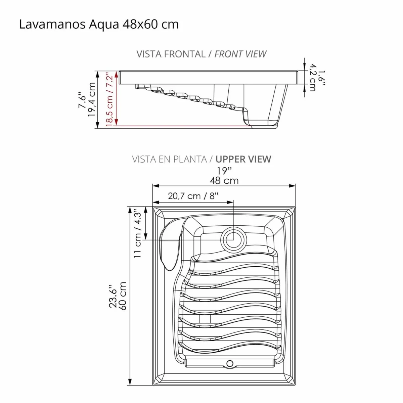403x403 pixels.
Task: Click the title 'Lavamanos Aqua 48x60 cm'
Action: click(99, 25)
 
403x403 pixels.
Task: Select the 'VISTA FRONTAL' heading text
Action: click(171, 54)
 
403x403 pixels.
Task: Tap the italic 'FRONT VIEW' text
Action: click(240, 54)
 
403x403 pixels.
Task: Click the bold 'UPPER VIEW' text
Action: click(243, 159)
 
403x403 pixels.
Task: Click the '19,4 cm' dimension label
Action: click(92, 100)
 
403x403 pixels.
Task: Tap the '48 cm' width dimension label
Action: click(224, 181)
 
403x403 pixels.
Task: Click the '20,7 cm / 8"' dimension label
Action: click(193, 196)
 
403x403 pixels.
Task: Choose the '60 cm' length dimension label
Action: click(123, 296)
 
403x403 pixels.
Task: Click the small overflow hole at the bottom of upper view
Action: click(230, 363)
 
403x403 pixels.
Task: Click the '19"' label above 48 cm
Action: click(224, 171)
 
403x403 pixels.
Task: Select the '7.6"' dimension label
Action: click(82, 100)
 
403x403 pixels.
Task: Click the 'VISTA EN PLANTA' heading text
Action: click(169, 159)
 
